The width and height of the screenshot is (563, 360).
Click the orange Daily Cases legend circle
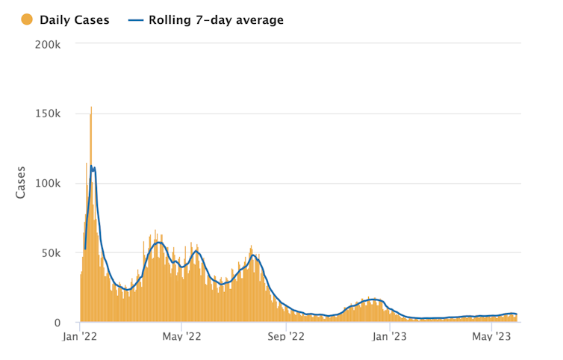tap(27, 20)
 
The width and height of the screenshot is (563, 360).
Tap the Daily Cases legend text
tap(74, 20)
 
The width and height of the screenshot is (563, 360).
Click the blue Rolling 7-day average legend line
tap(137, 20)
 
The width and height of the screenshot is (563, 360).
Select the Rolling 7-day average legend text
tap(217, 20)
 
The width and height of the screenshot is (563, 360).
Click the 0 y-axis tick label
tap(57, 323)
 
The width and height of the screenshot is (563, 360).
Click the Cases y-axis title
tap(21, 182)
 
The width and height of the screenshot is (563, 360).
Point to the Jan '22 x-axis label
tap(79, 337)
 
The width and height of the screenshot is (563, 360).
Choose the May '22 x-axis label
tap(182, 337)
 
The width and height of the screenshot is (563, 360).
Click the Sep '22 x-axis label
tap(287, 337)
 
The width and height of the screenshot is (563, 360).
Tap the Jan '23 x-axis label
tap(390, 337)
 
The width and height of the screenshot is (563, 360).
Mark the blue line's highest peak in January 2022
tap(91, 167)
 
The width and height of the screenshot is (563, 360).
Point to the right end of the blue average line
tap(517, 314)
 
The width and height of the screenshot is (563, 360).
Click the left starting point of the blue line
tap(85, 249)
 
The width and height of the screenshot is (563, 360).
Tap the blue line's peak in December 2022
tap(373, 300)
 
